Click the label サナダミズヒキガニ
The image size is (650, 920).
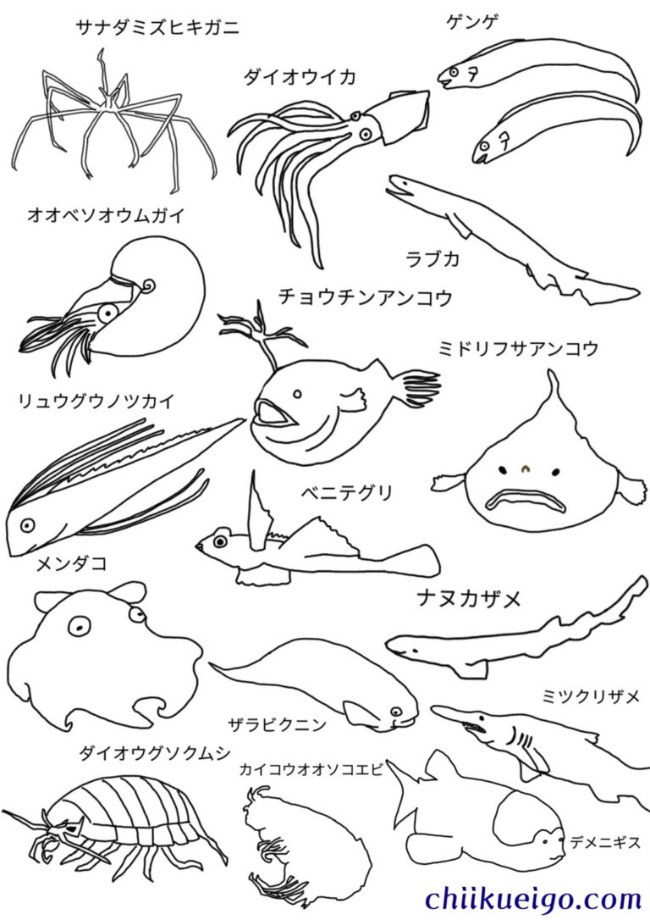point(157,27)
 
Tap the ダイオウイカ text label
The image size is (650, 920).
point(300,76)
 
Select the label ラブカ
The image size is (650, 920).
point(432,258)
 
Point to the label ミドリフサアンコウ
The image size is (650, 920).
point(518,348)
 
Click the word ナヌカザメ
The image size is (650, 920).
point(469,599)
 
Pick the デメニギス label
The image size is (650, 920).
point(605,843)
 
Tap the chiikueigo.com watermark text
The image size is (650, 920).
point(533,898)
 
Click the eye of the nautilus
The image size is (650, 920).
point(107,313)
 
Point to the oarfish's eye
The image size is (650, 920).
point(26,525)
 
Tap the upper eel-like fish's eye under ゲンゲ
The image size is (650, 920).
point(454,71)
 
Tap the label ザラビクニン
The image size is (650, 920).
point(278,725)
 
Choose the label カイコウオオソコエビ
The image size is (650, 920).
point(311,768)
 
